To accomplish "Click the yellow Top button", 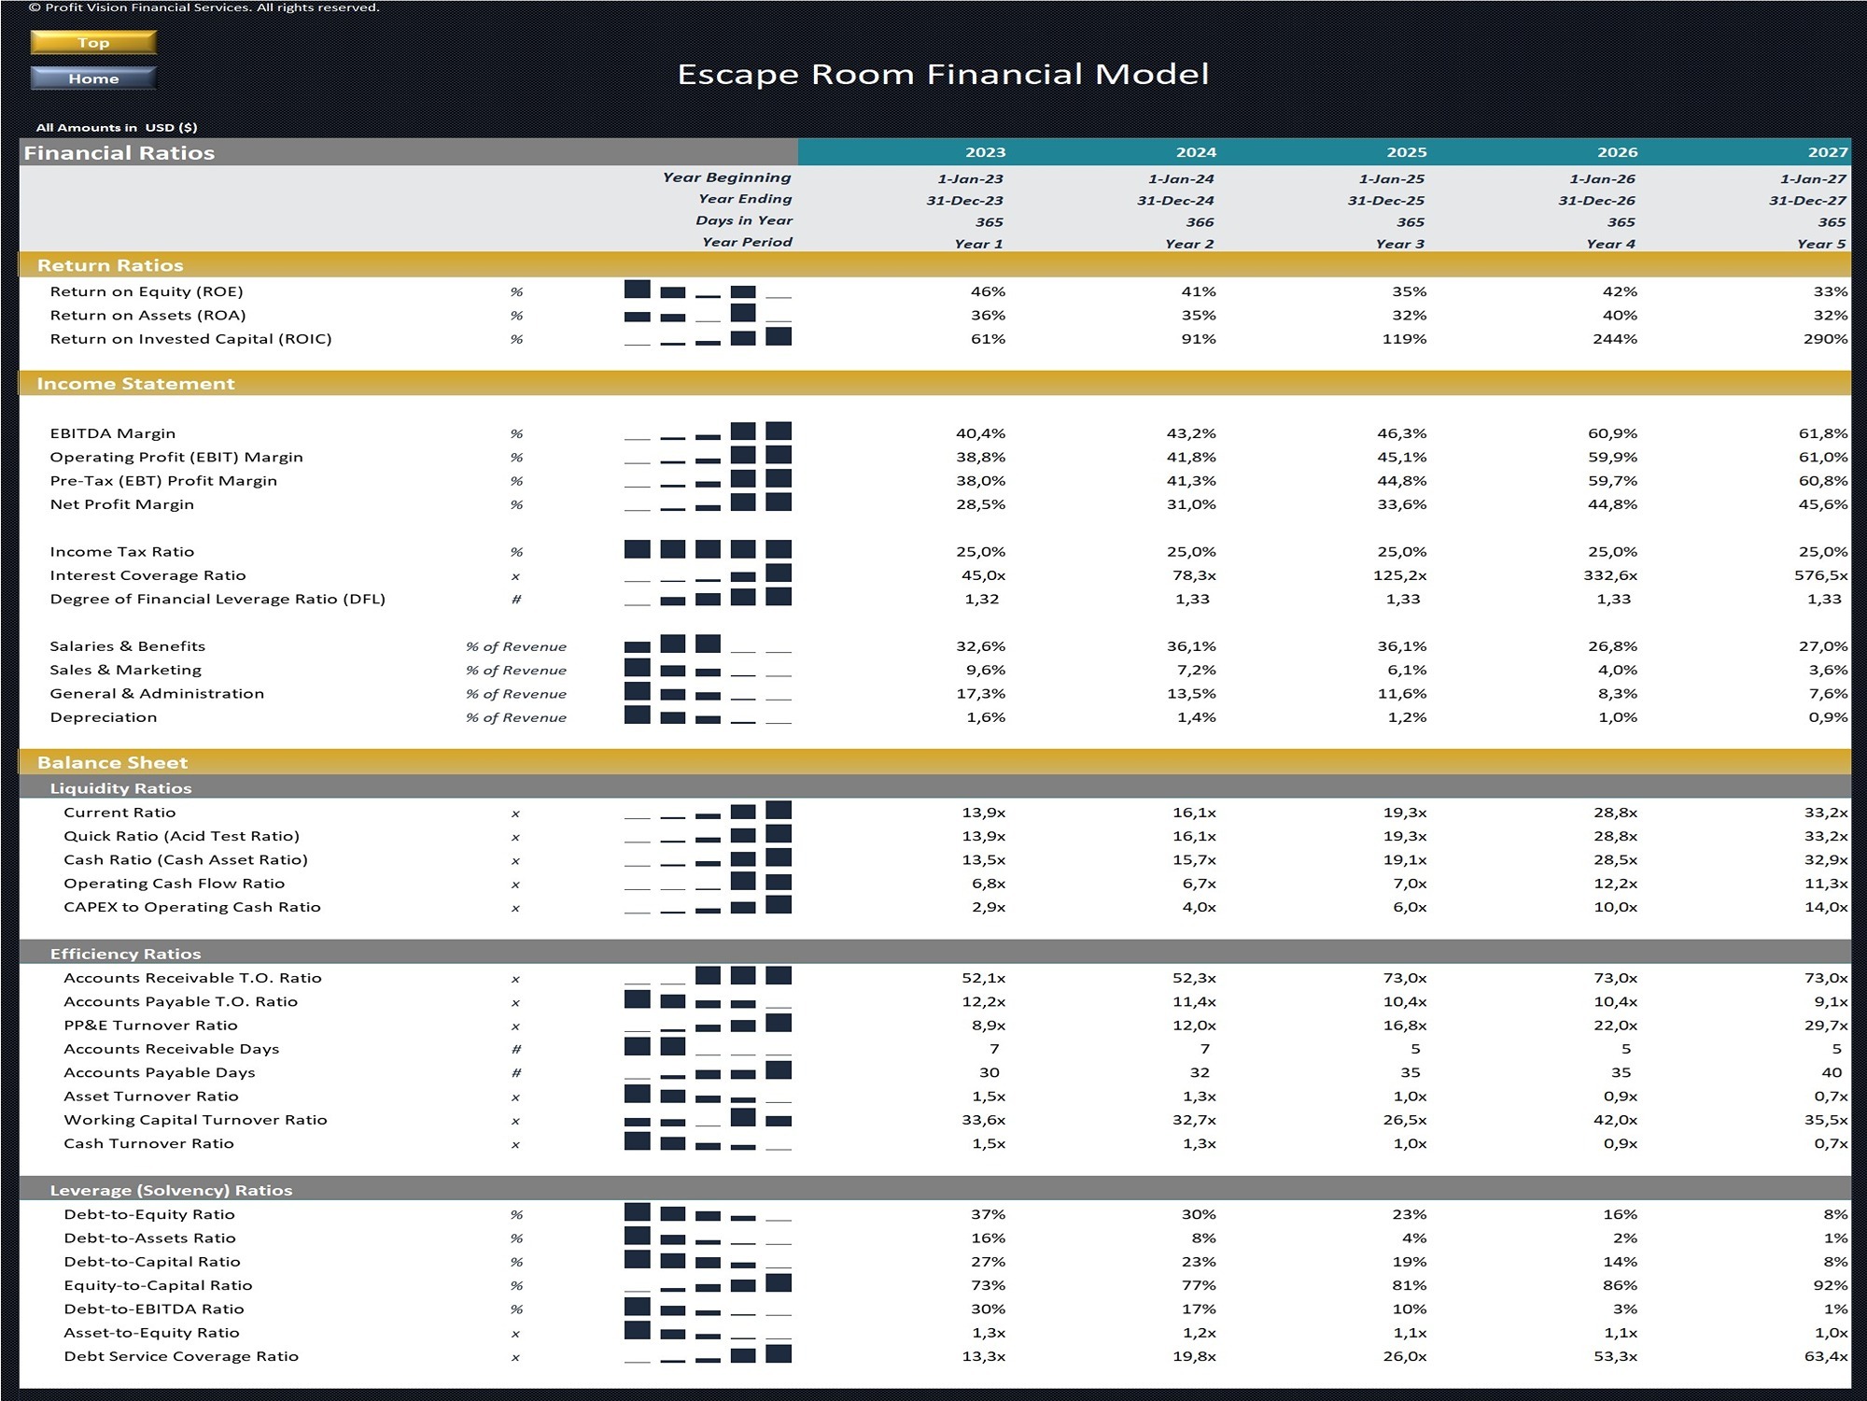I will pyautogui.click(x=93, y=43).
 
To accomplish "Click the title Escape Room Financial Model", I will pyautogui.click(x=943, y=74).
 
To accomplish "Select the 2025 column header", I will pyautogui.click(x=1406, y=152).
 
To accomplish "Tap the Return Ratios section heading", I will pyautogui.click(x=110, y=265).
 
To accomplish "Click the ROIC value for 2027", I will pyautogui.click(x=1825, y=339).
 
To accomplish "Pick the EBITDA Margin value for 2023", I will pyautogui.click(x=980, y=433).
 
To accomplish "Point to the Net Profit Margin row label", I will pyautogui.click(x=122, y=504).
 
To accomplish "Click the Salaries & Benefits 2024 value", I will pyautogui.click(x=1195, y=646).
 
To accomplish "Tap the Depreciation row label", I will pyautogui.click(x=104, y=717).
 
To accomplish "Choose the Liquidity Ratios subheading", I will pyautogui.click(x=120, y=788).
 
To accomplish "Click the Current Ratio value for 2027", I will pyautogui.click(x=1825, y=813).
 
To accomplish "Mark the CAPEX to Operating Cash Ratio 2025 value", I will pyautogui.click(x=1409, y=907).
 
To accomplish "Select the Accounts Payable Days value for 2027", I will pyautogui.click(x=1832, y=1072).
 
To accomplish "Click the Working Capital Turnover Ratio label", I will pyautogui.click(x=195, y=1120).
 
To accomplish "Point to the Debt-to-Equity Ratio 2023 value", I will pyautogui.click(x=988, y=1214).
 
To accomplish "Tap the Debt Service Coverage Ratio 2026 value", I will pyautogui.click(x=1615, y=1356).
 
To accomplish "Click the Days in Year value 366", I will pyautogui.click(x=1200, y=222).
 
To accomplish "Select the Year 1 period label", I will pyautogui.click(x=978, y=244).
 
